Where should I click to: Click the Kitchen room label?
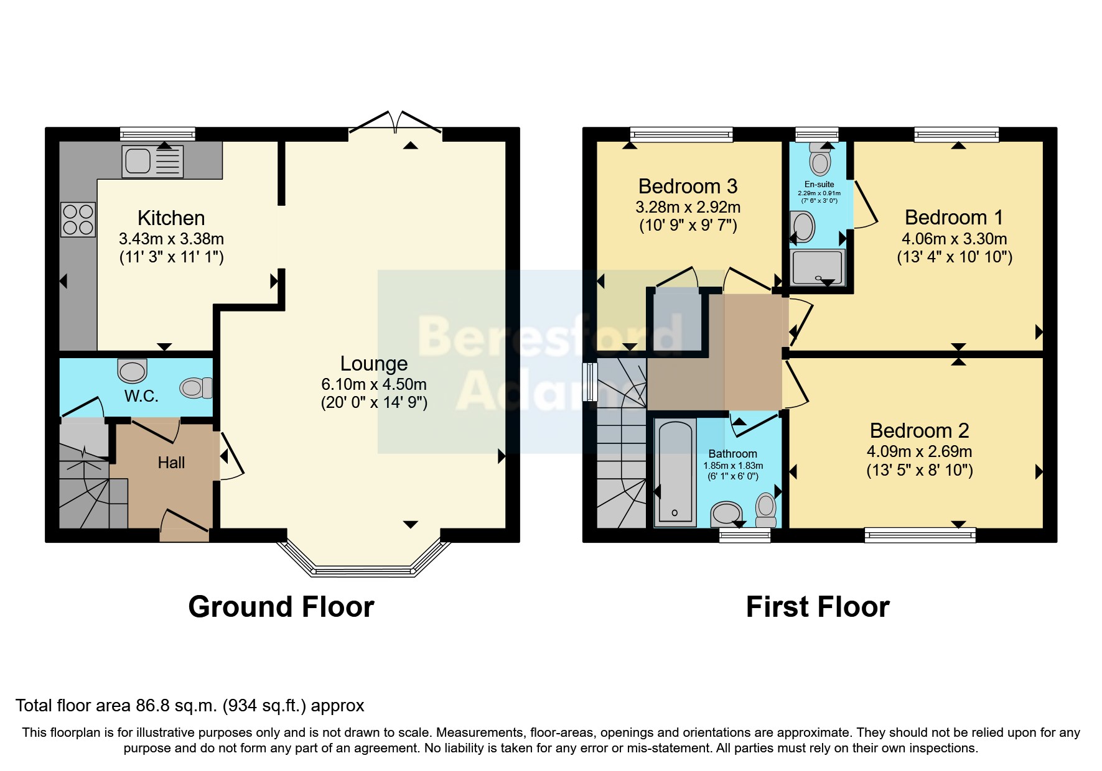[x=171, y=218]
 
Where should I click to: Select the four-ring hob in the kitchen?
[x=78, y=219]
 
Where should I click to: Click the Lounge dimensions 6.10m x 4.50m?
[x=374, y=384]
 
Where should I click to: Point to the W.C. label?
[x=141, y=396]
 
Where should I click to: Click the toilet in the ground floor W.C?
[x=195, y=388]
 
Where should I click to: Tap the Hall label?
[x=171, y=463]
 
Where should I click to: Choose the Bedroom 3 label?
[x=688, y=187]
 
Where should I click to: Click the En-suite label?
[x=819, y=185]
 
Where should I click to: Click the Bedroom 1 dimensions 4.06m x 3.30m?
[x=954, y=239]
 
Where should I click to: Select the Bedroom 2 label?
[x=919, y=431]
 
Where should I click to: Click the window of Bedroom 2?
[x=920, y=534]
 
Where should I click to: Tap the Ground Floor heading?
[x=281, y=607]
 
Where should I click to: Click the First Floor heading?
[x=818, y=607]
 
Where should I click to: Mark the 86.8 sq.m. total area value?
[x=176, y=706]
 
